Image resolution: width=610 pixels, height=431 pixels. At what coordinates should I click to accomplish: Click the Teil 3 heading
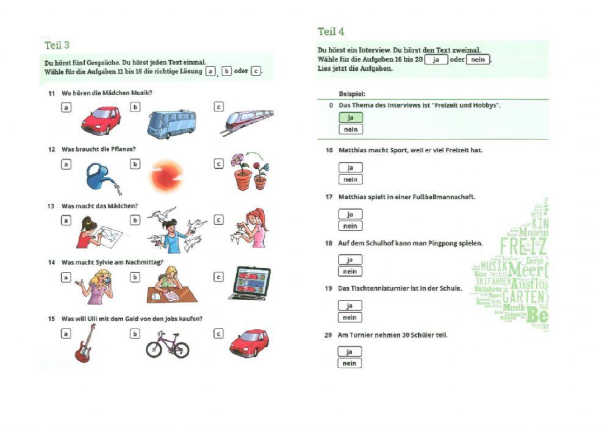[x=57, y=45]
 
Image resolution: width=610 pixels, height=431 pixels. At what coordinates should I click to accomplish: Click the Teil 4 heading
[x=331, y=32]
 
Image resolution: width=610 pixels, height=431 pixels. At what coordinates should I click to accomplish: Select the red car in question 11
[x=101, y=119]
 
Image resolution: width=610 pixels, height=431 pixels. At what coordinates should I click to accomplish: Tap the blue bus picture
[x=171, y=124]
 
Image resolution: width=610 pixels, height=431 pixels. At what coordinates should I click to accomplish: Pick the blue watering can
[x=100, y=176]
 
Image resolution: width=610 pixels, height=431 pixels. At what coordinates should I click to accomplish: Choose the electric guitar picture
[x=85, y=344]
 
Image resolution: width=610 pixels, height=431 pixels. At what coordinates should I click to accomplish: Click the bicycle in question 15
[x=167, y=345]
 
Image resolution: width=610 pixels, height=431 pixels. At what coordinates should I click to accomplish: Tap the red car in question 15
[x=249, y=343]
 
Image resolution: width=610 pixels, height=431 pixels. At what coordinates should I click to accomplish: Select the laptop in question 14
[x=249, y=283]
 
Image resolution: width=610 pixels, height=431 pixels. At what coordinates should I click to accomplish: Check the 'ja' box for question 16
[x=350, y=168]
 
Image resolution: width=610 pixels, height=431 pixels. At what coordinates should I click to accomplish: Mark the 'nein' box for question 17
[x=350, y=226]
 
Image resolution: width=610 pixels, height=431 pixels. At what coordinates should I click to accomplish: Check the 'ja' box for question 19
[x=350, y=305]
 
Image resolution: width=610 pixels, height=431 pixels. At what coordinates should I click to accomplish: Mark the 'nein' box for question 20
[x=350, y=363]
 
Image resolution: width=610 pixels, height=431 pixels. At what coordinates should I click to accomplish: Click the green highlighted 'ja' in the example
[x=350, y=117]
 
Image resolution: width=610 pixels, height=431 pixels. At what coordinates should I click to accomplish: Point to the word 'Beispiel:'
[x=352, y=94]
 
